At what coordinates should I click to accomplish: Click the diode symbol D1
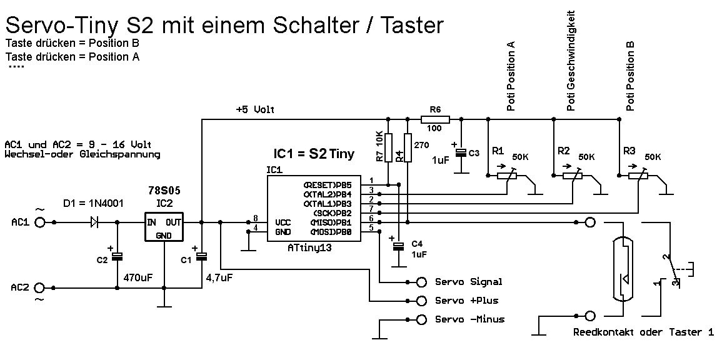click(95, 222)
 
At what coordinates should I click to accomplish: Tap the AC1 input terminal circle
click(41, 222)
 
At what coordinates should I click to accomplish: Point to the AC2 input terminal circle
click(41, 287)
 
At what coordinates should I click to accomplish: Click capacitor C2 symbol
click(117, 256)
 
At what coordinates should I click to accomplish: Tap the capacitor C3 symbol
click(461, 152)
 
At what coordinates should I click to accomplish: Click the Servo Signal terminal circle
click(423, 282)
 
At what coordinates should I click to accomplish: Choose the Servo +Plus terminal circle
click(423, 300)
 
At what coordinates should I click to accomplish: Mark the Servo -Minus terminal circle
click(423, 319)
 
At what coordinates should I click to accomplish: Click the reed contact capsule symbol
click(621, 269)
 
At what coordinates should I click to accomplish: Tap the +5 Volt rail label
click(255, 109)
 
